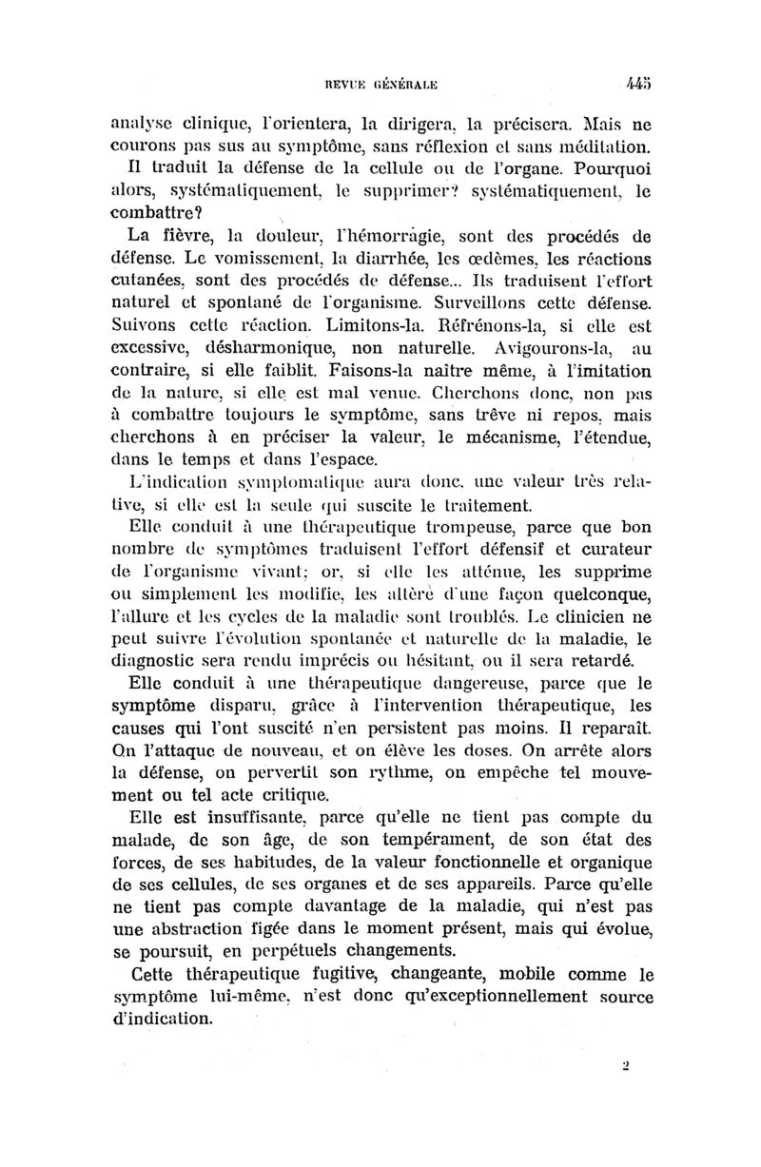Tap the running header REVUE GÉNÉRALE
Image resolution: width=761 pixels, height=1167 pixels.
click(x=382, y=84)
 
